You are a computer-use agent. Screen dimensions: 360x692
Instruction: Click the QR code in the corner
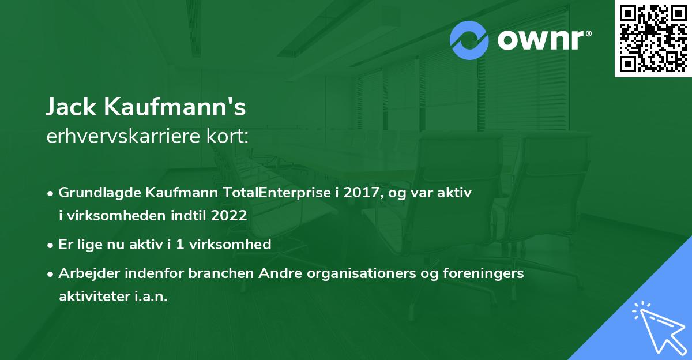click(x=653, y=39)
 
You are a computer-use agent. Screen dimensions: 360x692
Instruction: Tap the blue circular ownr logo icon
click(x=469, y=40)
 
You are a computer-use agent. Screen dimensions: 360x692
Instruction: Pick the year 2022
click(x=230, y=216)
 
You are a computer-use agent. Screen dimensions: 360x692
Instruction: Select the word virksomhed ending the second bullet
click(x=234, y=245)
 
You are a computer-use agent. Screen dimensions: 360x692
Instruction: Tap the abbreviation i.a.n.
click(x=151, y=297)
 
